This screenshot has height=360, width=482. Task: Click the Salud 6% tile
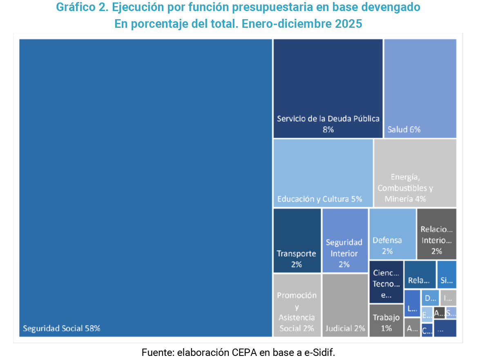(x=420, y=88)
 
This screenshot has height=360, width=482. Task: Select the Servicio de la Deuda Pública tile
(x=328, y=88)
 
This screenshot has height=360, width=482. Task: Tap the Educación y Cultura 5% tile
(x=323, y=173)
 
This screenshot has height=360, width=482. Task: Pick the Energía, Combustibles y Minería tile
(x=415, y=173)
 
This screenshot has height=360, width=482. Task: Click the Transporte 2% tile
(x=297, y=240)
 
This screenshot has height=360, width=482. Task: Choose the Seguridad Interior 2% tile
(x=345, y=240)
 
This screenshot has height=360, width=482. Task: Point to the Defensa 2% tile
(x=392, y=234)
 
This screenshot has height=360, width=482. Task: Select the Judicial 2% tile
(x=345, y=305)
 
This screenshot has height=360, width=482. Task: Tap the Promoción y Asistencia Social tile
(x=297, y=305)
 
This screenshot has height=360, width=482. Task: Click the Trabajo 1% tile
(x=386, y=320)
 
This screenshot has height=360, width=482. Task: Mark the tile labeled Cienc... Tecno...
(x=386, y=282)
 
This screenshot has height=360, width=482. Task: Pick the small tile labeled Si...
(x=446, y=275)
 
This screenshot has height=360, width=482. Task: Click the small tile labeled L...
(x=412, y=303)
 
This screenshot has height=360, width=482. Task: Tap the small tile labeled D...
(x=430, y=298)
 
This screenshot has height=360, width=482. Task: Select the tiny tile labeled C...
(x=426, y=330)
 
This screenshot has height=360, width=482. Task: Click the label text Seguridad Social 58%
(x=61, y=328)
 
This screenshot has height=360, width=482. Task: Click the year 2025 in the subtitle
(x=348, y=24)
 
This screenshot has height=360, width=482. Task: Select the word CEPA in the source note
(x=243, y=352)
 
